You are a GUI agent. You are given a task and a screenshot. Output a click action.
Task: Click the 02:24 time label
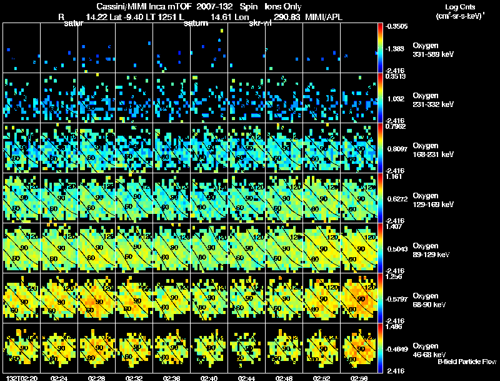point(59,378)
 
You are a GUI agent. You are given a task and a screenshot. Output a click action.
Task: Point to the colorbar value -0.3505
point(396,27)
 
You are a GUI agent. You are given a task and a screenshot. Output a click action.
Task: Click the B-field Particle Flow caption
point(467,362)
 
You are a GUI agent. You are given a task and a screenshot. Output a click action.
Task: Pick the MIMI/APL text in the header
point(323,16)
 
